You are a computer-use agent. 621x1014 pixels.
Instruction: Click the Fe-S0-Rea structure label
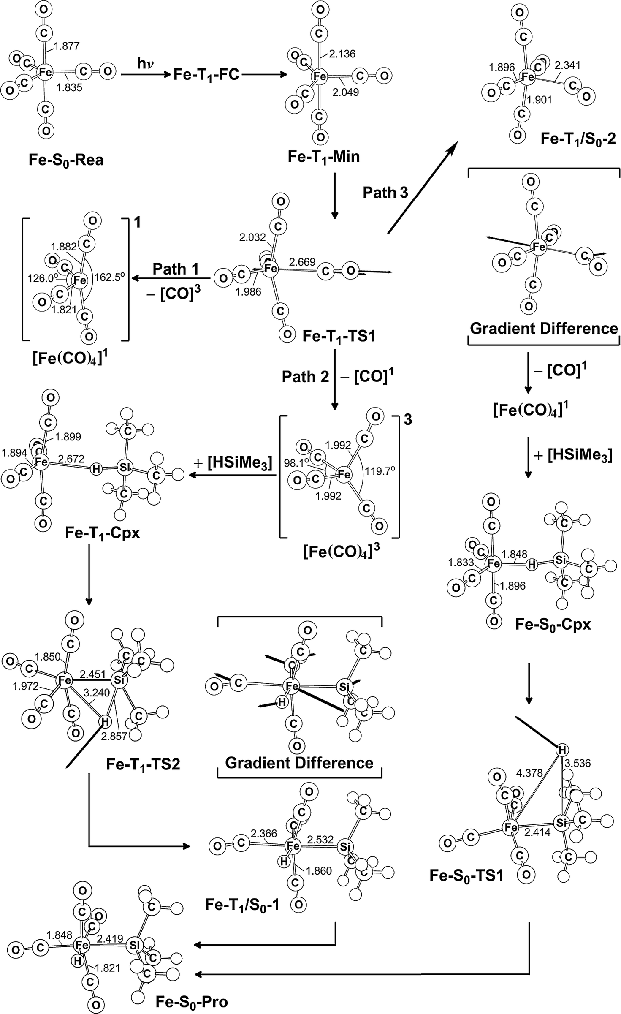(x=66, y=160)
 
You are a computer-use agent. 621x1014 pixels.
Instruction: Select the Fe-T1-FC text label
(x=206, y=75)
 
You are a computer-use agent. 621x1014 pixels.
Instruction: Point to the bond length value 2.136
(x=342, y=54)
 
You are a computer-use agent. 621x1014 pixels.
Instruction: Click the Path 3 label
(x=385, y=193)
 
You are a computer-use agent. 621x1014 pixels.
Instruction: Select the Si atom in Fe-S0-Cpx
(x=560, y=560)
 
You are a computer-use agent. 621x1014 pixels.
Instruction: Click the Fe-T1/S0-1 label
(x=242, y=905)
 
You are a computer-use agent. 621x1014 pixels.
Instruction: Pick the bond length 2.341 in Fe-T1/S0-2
(x=567, y=65)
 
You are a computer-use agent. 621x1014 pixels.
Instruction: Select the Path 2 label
(x=305, y=377)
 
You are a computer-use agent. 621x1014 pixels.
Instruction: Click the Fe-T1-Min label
(x=323, y=157)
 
